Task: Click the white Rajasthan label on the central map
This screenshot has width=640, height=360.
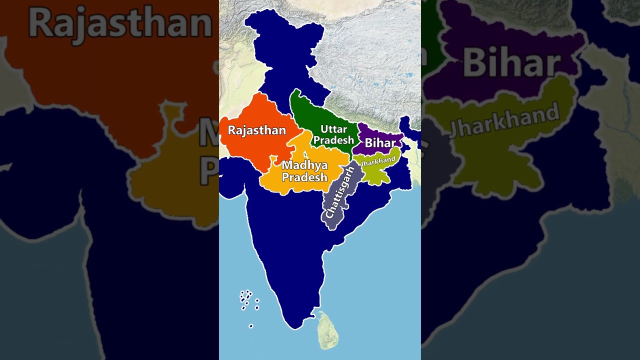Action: click(256, 130)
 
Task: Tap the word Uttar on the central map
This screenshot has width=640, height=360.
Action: click(333, 129)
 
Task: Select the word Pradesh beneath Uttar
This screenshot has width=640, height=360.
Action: click(333, 140)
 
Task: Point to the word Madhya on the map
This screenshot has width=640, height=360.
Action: click(304, 165)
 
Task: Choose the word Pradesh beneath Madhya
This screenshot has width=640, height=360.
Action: click(304, 177)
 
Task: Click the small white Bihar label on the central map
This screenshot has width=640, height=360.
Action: click(380, 143)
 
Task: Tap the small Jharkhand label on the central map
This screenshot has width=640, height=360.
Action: click(378, 161)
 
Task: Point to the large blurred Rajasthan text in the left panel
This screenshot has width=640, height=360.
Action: click(120, 22)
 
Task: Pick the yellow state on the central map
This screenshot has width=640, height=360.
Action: click(280, 185)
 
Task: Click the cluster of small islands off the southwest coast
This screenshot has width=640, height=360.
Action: click(248, 298)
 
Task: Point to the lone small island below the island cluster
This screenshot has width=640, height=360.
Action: click(251, 326)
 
